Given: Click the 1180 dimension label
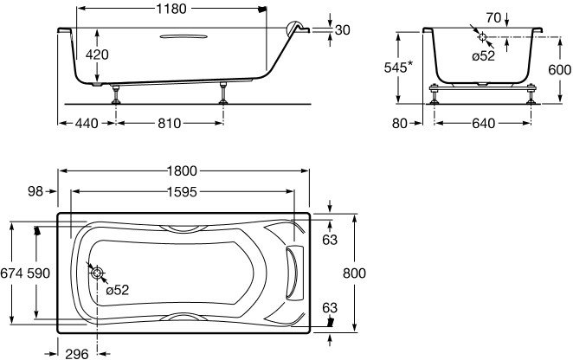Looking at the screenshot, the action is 171,9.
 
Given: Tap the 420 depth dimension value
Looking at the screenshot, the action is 97,55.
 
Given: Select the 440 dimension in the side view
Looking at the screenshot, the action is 87,123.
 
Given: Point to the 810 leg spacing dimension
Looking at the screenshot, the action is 169,123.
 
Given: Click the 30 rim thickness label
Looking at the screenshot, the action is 343,30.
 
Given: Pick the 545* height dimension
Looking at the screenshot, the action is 398,67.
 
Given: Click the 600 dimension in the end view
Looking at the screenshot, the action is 559,69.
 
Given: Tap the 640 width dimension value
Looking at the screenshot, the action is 484,123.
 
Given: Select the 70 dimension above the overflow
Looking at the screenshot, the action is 493,17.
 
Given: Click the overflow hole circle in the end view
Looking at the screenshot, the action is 482,36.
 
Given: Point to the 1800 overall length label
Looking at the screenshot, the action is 182,170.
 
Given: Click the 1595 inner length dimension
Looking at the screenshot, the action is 182,191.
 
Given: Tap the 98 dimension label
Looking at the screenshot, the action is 35,191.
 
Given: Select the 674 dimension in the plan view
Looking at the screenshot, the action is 12,273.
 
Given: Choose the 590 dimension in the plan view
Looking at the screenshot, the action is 38,273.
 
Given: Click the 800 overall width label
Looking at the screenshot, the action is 354,273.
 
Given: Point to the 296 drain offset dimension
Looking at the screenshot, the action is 77,353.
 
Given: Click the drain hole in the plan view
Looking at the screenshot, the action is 97,273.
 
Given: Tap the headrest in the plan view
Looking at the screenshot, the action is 294,273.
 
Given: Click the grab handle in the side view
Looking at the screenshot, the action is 183,36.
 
